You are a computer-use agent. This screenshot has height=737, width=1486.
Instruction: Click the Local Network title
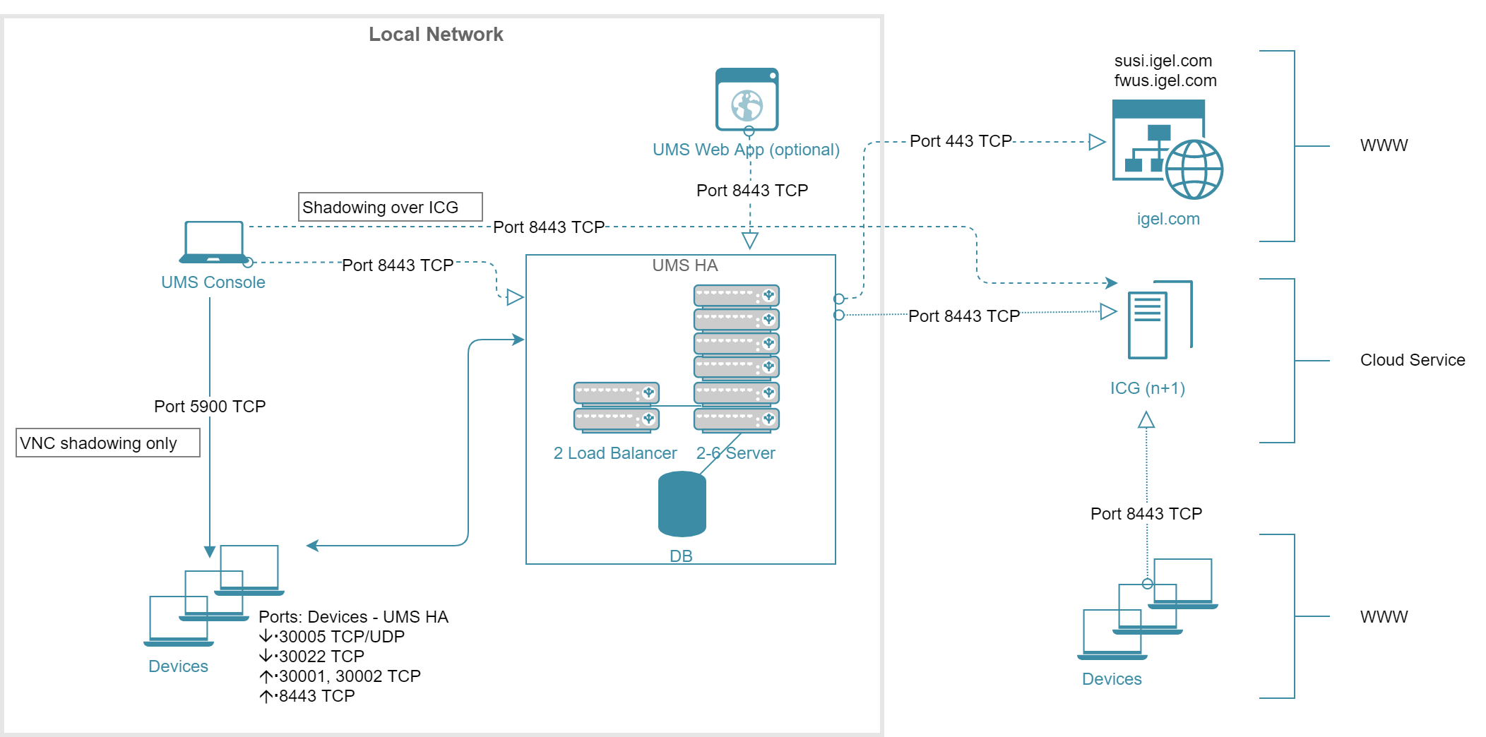[436, 35]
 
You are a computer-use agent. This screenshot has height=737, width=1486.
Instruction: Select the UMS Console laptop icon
[214, 242]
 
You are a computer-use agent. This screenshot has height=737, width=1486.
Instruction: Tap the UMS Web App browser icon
[747, 100]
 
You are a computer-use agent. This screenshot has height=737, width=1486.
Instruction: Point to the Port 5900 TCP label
[210, 407]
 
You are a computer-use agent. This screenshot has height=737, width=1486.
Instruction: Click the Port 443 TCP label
[961, 141]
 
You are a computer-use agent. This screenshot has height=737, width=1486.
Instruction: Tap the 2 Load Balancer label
[614, 453]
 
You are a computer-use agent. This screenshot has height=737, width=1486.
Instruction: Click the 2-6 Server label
[735, 453]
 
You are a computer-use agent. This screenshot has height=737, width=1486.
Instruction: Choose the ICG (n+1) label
[1147, 388]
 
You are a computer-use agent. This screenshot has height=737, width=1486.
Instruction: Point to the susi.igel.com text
[1163, 61]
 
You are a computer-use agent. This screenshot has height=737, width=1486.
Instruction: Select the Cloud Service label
[1412, 360]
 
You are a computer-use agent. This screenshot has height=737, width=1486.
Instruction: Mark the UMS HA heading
[684, 265]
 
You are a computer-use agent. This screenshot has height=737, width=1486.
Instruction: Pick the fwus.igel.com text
[1165, 80]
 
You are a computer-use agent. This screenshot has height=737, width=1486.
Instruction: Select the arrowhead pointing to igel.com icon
[1097, 142]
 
